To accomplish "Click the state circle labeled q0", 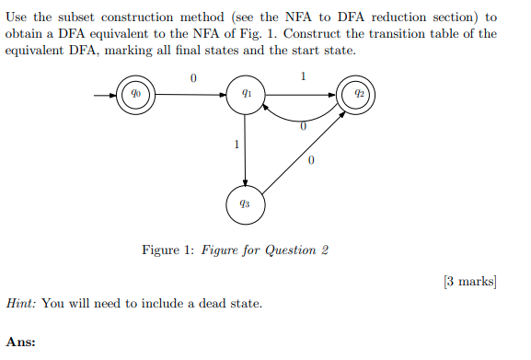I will coord(135,94).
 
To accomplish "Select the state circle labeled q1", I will coord(245,94).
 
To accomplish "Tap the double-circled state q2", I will coord(356,94).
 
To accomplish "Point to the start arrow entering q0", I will coord(104,94).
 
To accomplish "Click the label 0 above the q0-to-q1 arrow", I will coord(191,79).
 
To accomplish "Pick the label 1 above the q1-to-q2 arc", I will coord(304,75).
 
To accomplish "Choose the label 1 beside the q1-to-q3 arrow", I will coord(237,144).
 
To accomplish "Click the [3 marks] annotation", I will coord(469,280).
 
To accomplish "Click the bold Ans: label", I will coord(20,342).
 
